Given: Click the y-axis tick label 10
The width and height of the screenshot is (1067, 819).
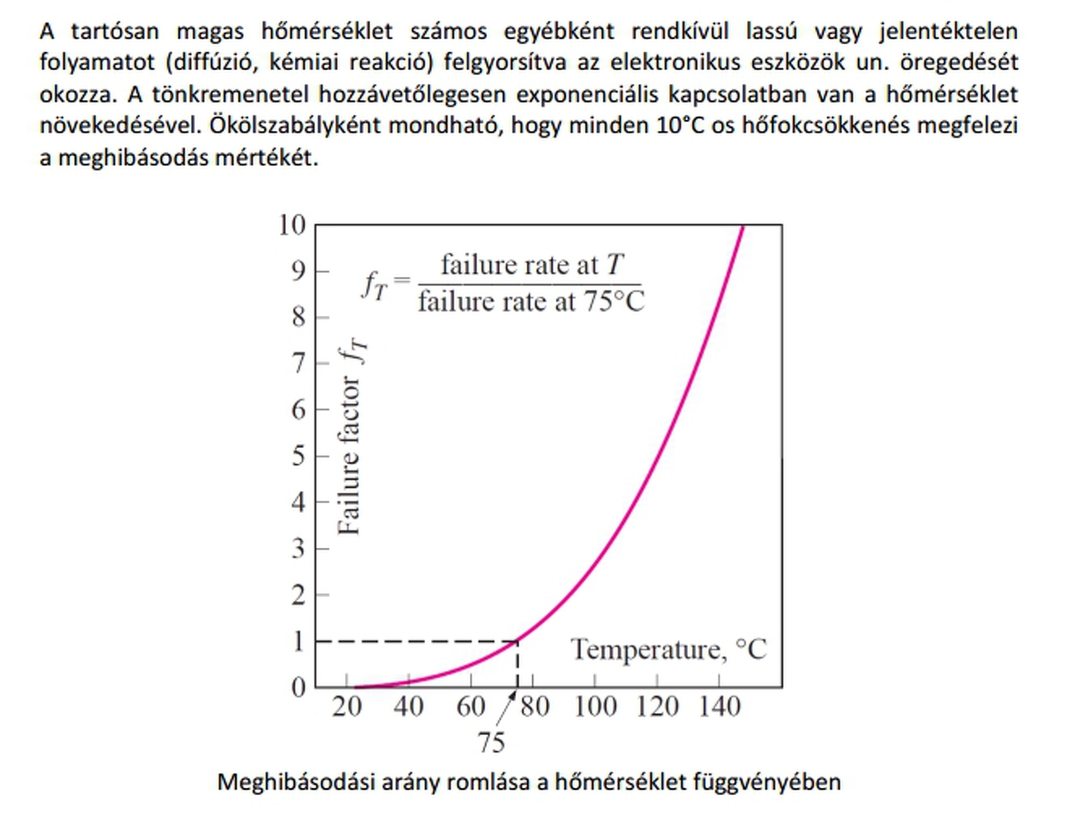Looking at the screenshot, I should (x=293, y=224).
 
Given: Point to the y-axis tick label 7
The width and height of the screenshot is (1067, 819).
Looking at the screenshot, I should (x=298, y=363).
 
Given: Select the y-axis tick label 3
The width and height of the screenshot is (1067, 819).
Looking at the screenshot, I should (x=298, y=549).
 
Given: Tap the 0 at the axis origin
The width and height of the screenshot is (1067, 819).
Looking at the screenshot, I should (x=298, y=687).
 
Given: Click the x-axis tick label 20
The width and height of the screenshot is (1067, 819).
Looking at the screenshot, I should (x=347, y=706).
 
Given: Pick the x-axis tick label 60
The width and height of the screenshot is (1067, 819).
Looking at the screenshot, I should (x=471, y=706).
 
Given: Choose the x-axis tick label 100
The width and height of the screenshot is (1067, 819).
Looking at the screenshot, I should (x=595, y=706).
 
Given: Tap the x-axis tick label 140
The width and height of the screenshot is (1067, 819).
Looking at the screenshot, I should (x=719, y=706).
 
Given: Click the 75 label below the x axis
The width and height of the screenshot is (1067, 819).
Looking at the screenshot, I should (x=491, y=741).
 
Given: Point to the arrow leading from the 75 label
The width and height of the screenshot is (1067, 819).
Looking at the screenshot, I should (x=508, y=711).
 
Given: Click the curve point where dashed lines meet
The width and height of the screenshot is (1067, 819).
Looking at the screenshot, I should (x=518, y=641).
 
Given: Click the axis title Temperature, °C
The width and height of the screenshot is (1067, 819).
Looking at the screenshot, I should (x=669, y=649).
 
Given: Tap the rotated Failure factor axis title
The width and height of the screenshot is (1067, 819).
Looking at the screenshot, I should (x=350, y=438).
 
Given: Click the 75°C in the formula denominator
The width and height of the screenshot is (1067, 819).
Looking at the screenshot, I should (x=614, y=301).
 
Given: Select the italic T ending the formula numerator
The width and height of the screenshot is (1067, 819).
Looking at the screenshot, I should (x=614, y=264).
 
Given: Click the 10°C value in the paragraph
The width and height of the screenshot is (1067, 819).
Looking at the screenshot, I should (x=680, y=125).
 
